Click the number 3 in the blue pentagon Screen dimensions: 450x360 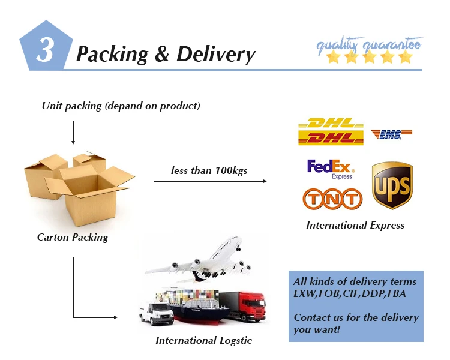(x=45, y=50)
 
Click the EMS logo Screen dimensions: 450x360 (x=391, y=134)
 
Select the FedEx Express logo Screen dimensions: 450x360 (x=330, y=169)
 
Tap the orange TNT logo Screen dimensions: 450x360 (x=333, y=199)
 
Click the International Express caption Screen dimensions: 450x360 (x=355, y=226)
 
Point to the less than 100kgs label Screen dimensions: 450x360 (x=209, y=171)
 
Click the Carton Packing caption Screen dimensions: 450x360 (x=73, y=237)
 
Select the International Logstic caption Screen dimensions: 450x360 (x=204, y=341)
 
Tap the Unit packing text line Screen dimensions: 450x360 (x=121, y=106)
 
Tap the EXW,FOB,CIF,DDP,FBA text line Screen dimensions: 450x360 (x=347, y=294)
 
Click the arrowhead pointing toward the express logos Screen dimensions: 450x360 (x=264, y=180)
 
